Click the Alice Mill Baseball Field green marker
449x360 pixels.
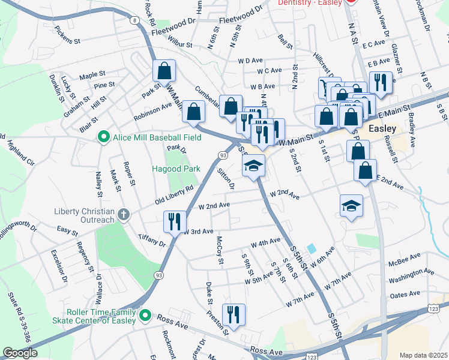[103, 137]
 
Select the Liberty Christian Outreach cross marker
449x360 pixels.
[123, 214]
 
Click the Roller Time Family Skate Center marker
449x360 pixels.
[145, 314]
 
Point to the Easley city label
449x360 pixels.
[382, 129]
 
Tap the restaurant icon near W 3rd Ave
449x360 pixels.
[172, 221]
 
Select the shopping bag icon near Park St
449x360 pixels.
[164, 71]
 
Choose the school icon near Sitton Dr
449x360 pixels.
[253, 165]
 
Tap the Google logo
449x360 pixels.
[19, 353]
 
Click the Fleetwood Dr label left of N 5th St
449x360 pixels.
[174, 20]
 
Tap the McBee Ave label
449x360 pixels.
[404, 258]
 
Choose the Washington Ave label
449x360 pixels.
[411, 275]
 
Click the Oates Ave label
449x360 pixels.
[405, 294]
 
